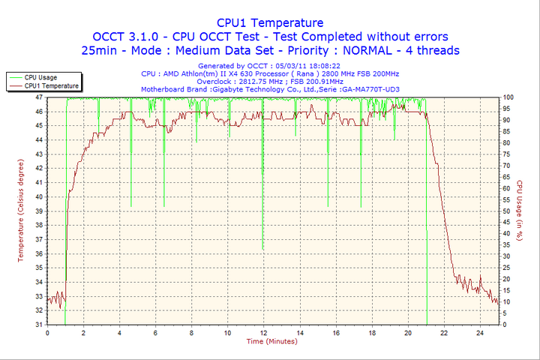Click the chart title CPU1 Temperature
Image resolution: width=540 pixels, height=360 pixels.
(x=270, y=22)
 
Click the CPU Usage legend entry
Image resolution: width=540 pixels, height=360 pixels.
(x=40, y=77)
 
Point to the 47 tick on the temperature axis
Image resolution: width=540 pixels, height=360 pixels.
(x=39, y=97)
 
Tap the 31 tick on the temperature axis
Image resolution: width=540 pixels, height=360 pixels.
(x=39, y=325)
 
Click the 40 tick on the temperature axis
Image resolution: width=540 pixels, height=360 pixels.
(x=39, y=197)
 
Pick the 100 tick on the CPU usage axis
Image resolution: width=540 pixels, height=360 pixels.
(x=508, y=97)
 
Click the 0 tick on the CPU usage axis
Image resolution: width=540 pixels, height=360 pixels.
(x=504, y=325)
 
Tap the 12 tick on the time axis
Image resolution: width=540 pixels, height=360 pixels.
(x=263, y=332)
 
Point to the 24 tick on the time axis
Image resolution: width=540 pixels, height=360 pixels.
(x=479, y=332)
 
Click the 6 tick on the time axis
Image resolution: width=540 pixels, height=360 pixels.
(x=155, y=332)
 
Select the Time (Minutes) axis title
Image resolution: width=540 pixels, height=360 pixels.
(x=271, y=341)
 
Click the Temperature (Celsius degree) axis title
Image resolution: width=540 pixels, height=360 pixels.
(x=21, y=211)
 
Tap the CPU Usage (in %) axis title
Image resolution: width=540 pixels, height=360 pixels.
(x=519, y=211)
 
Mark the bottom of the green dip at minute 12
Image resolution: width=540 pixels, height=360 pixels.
(x=262, y=249)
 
